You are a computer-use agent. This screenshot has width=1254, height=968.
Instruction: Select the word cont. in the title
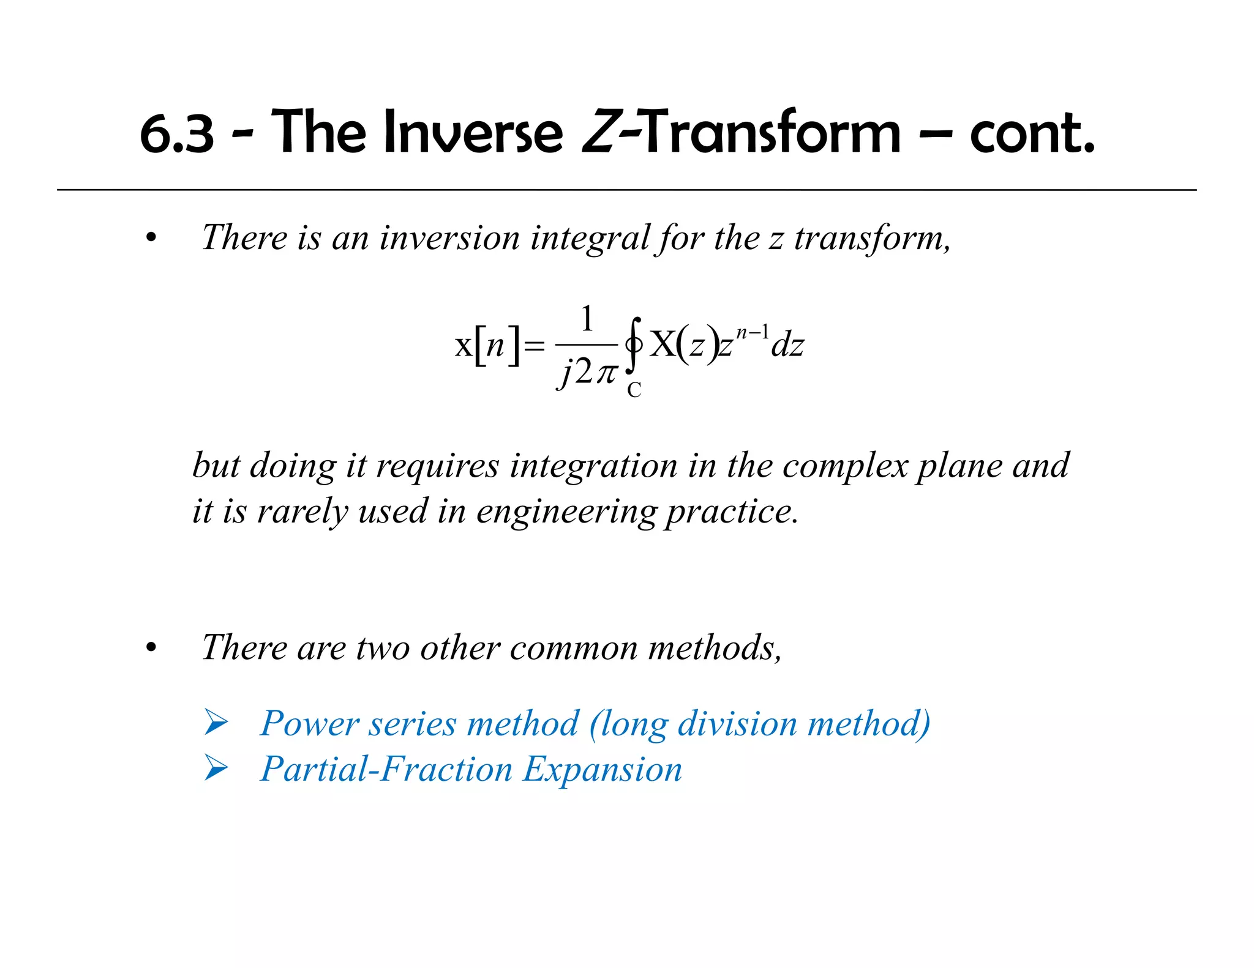[1032, 133]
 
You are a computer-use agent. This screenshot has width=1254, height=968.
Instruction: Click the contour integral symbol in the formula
[634, 346]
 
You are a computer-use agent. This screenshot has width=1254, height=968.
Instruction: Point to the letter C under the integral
[634, 390]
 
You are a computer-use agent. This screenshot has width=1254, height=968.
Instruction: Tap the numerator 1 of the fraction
[587, 319]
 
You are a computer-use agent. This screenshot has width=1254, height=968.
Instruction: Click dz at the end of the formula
[787, 346]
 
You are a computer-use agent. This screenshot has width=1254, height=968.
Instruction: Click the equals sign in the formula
[534, 348]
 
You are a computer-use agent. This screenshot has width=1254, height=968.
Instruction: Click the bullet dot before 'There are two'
[151, 649]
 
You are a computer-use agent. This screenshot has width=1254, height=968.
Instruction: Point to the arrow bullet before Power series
[216, 723]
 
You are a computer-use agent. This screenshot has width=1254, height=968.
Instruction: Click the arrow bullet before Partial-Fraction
[216, 769]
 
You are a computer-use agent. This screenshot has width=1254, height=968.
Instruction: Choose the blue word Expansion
[603, 770]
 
